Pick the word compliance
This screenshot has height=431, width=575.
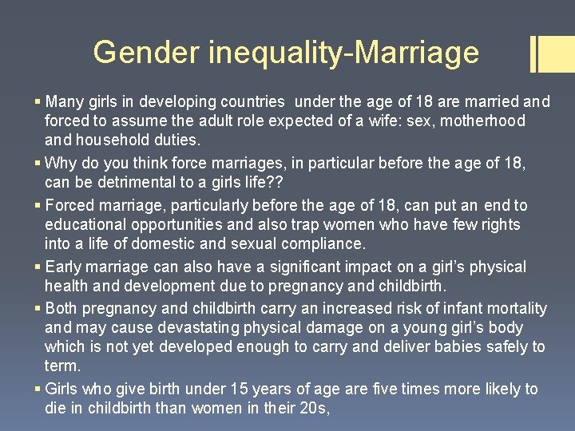[x=326, y=244]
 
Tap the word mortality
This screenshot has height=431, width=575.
[x=517, y=308]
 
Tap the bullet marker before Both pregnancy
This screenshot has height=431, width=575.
[x=38, y=308]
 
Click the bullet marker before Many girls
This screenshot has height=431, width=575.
[x=38, y=102]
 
